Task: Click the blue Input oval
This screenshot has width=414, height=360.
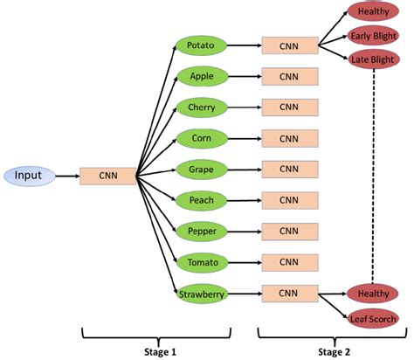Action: pos(28,176)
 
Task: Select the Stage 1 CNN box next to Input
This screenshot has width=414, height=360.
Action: pos(108,176)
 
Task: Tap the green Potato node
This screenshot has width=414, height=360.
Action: pos(201,45)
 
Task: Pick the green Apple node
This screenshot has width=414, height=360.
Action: pos(201,76)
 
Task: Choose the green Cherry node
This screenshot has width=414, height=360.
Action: pos(201,107)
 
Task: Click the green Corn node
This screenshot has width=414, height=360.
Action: pos(201,138)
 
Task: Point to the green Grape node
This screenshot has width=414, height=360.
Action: pos(201,169)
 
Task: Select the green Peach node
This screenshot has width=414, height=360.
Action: pos(201,200)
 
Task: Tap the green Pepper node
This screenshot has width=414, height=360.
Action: pos(201,231)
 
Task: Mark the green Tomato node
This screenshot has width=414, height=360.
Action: pos(201,262)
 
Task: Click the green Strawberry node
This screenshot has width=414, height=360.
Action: pos(201,294)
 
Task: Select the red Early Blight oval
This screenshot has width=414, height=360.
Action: pos(372,36)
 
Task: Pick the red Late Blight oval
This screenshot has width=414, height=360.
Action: pos(372,59)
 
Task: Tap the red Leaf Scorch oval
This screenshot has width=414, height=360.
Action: pos(372,318)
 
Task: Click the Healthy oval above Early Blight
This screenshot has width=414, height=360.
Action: pos(372,11)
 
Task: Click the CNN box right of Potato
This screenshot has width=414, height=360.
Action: pos(288,45)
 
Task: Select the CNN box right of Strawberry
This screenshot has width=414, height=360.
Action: pos(288,294)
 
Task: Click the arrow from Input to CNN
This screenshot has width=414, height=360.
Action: pos(67,176)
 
